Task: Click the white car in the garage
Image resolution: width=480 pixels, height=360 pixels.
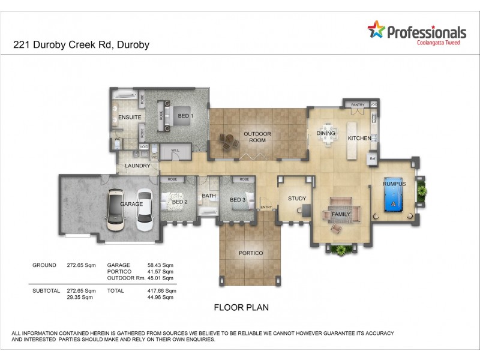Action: click(x=145, y=211)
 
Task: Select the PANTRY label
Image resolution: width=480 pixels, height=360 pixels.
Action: click(x=358, y=104)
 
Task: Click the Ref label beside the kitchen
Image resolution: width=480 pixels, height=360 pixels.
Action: click(x=372, y=159)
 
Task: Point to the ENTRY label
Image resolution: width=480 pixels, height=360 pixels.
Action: click(x=265, y=208)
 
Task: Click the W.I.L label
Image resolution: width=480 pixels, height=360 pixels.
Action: click(x=175, y=150)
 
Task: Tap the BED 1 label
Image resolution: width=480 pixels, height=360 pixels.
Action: click(x=185, y=115)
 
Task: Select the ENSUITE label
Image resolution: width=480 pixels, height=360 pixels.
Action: click(x=129, y=118)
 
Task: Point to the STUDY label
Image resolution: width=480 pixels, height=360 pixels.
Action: click(x=296, y=199)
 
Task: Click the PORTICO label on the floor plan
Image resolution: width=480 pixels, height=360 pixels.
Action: click(x=251, y=253)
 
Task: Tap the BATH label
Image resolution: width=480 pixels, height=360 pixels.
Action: click(x=209, y=196)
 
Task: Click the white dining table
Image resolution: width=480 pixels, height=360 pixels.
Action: click(x=327, y=134)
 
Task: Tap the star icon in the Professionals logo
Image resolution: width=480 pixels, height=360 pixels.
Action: click(x=376, y=29)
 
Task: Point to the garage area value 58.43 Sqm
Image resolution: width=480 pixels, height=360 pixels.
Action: click(x=160, y=265)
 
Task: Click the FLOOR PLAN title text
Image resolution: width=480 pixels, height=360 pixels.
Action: click(x=241, y=307)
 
